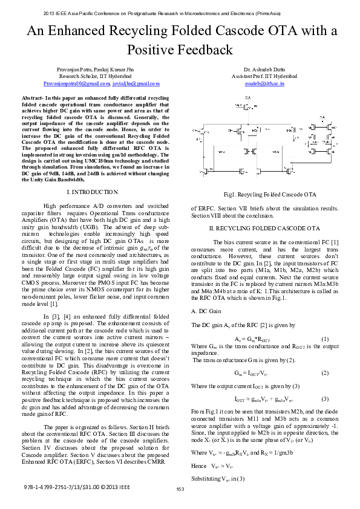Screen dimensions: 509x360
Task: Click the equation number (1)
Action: click(x=325, y=339)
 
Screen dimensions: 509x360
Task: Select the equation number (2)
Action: click(x=325, y=372)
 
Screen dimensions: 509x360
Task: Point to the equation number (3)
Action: click(x=325, y=398)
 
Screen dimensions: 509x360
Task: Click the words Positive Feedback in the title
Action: click(x=180, y=50)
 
